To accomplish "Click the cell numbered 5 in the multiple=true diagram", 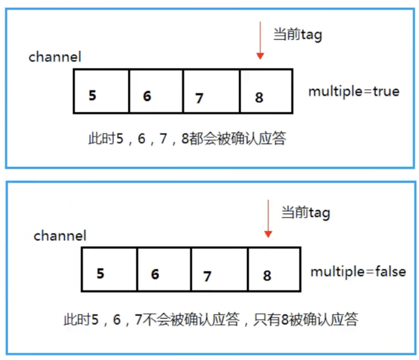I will [101, 91].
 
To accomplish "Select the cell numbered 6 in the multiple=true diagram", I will [156, 91].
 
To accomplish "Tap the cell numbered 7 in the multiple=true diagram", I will [211, 91].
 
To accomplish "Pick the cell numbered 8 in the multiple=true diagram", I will [266, 91].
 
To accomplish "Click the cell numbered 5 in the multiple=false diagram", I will [109, 269].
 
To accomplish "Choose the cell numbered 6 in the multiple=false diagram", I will [164, 269].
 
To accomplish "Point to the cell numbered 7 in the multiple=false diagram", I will [220, 269].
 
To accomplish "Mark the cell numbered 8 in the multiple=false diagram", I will [274, 269].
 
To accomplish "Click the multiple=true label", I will [354, 92].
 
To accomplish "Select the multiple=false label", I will [358, 272].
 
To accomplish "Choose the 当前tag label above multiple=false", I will [306, 213].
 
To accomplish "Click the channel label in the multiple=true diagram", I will [55, 57].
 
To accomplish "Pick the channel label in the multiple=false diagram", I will [60, 236].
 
